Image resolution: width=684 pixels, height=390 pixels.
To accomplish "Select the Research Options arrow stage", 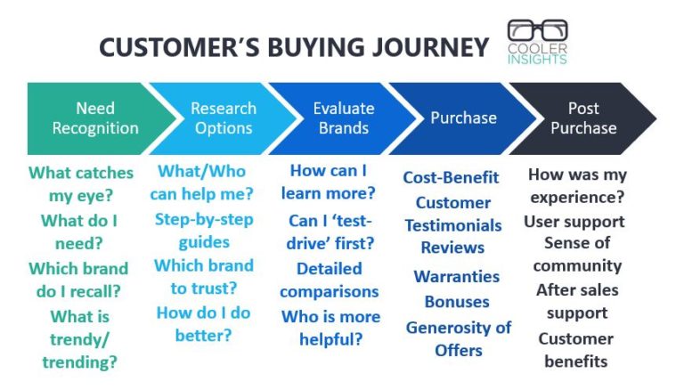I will point(223,118).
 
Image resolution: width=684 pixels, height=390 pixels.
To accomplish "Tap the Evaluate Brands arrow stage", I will point(343,118).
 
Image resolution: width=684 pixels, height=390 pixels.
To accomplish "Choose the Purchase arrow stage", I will point(463,118).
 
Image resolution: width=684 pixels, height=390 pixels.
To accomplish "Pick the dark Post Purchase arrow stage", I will point(583,118).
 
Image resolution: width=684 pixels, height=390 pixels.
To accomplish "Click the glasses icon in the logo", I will point(537,32).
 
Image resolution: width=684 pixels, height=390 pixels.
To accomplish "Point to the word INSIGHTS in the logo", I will point(537,59).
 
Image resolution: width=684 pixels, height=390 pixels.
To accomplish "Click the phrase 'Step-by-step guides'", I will point(204,230).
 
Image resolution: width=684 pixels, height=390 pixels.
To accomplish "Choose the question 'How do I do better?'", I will point(204,323).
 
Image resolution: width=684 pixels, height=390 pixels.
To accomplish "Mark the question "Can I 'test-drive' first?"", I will point(330,232).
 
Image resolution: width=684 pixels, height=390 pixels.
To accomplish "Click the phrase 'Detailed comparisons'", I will point(330,280).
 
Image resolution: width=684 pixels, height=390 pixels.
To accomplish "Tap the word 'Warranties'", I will point(456,276).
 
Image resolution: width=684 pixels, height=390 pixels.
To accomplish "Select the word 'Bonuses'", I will point(456,302).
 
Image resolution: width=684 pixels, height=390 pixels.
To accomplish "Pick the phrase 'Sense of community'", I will point(577,254).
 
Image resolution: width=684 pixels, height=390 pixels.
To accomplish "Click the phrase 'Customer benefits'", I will point(576,350).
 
